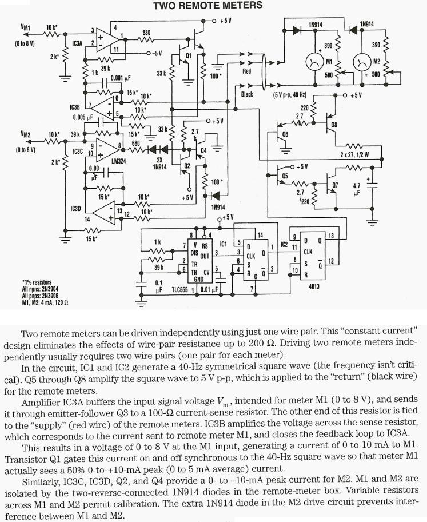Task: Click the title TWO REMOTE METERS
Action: (x=199, y=5)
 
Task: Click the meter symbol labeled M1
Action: (x=313, y=60)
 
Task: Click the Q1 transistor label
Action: (x=181, y=55)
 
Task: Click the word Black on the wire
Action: (x=246, y=93)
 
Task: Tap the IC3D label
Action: (x=75, y=209)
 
